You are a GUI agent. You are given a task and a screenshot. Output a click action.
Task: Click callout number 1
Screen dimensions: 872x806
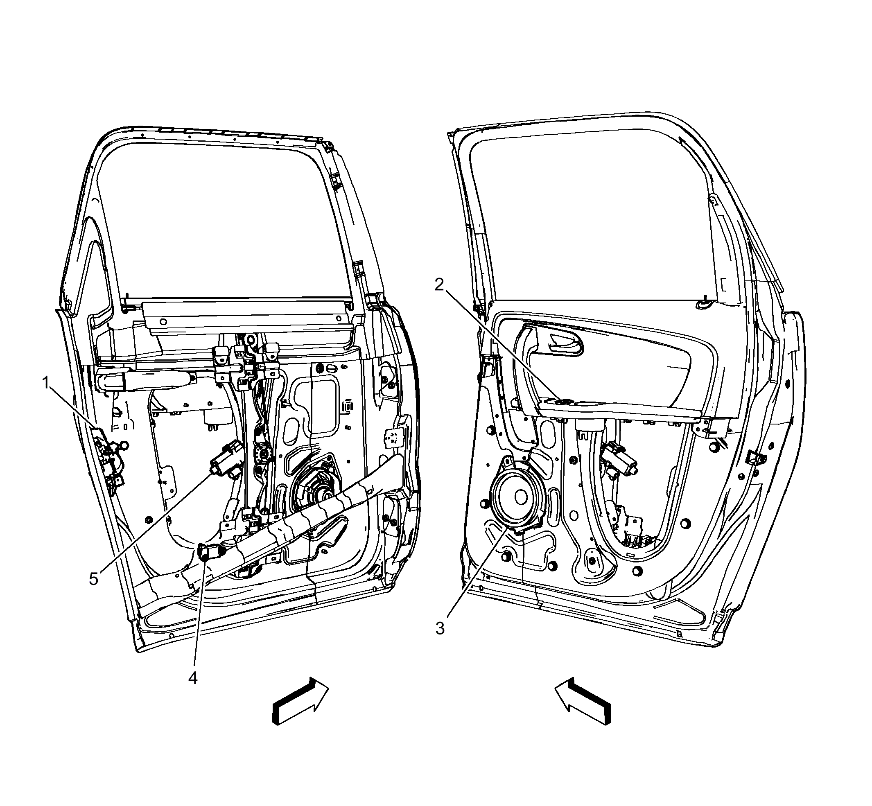coord(45,384)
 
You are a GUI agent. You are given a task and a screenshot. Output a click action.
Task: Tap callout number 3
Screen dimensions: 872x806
coord(440,628)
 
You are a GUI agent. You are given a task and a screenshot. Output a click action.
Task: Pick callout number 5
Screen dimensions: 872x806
coord(94,579)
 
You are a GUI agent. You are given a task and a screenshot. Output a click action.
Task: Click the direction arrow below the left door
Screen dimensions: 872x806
coord(300,701)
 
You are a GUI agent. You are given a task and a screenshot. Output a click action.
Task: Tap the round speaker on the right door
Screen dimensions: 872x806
coord(515,495)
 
